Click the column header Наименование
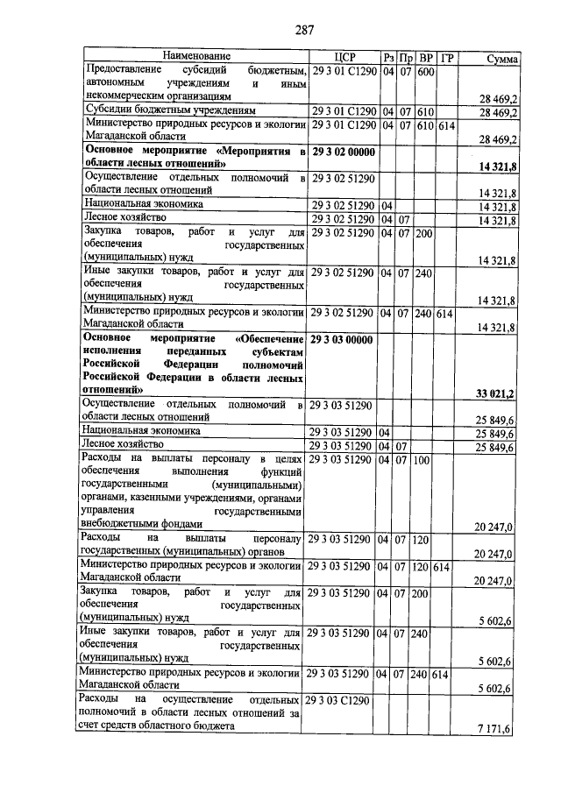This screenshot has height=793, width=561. tap(195, 57)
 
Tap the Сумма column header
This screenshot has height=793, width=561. tap(502, 59)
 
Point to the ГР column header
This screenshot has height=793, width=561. tap(447, 58)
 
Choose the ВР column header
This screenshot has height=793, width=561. tap(425, 58)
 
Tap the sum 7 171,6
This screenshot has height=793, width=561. tap(497, 729)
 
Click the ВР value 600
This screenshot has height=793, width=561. tap(426, 71)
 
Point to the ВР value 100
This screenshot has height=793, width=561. tap(422, 460)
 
